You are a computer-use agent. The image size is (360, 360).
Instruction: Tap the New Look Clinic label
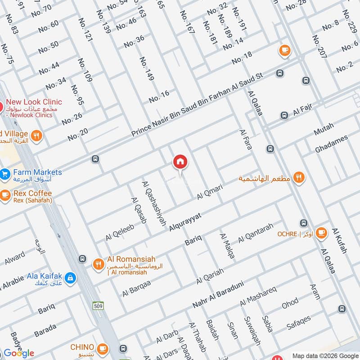pos(34,102)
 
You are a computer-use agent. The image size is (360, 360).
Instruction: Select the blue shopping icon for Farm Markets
pos(4,173)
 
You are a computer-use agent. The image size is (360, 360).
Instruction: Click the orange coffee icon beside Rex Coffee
pos(5,195)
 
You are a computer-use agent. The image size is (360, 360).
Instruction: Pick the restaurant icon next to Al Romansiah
pos(98,264)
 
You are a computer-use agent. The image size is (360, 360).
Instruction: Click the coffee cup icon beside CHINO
pos(103,348)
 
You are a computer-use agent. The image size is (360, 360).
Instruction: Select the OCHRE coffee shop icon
pos(320,233)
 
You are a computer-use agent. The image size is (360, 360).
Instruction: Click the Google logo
pos(19,353)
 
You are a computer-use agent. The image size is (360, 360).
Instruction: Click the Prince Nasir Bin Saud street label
pos(197,104)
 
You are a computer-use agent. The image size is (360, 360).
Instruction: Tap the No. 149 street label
pos(147,69)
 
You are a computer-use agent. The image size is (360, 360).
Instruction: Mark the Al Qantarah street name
pos(256,233)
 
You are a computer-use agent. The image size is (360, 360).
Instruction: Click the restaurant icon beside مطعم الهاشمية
pos(298,178)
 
